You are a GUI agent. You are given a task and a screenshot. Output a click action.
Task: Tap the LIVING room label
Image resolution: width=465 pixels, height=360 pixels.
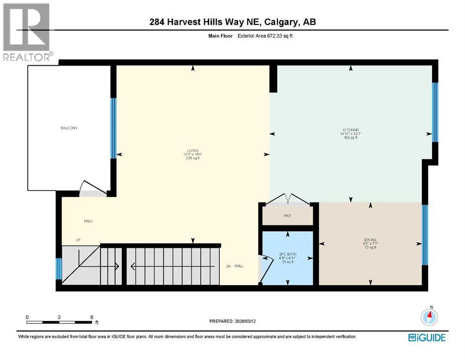tap(192, 151)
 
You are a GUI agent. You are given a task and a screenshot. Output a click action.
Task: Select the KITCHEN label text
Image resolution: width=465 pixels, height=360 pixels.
tap(350, 130)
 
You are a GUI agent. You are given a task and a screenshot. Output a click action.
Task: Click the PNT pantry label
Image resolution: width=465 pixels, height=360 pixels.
tap(287, 217)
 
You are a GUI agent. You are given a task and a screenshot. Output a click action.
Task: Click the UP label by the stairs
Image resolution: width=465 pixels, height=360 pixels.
tap(78, 240)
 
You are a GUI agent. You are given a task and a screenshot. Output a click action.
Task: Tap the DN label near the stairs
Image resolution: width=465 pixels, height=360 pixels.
tap(229, 266)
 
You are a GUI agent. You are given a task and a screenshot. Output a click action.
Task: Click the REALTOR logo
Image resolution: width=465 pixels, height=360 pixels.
tap(27, 32)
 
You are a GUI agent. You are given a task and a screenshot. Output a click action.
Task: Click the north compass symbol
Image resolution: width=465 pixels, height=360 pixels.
tap(429, 317)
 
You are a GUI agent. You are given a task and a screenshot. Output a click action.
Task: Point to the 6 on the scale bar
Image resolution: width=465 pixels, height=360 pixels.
tap(91, 317)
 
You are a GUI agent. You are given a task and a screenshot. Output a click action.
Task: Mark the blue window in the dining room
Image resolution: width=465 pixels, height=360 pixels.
tap(424, 235)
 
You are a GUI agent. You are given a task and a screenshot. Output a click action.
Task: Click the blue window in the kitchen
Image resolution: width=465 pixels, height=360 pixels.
tap(435, 112)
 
